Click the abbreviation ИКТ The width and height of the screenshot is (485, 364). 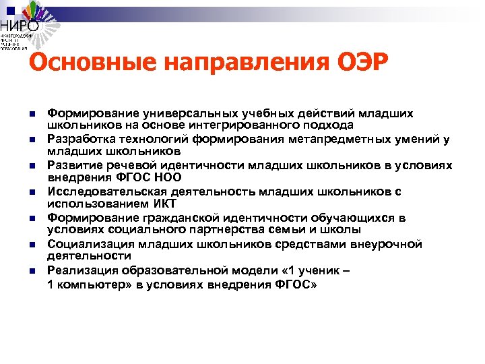pyautogui.click(x=163, y=204)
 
